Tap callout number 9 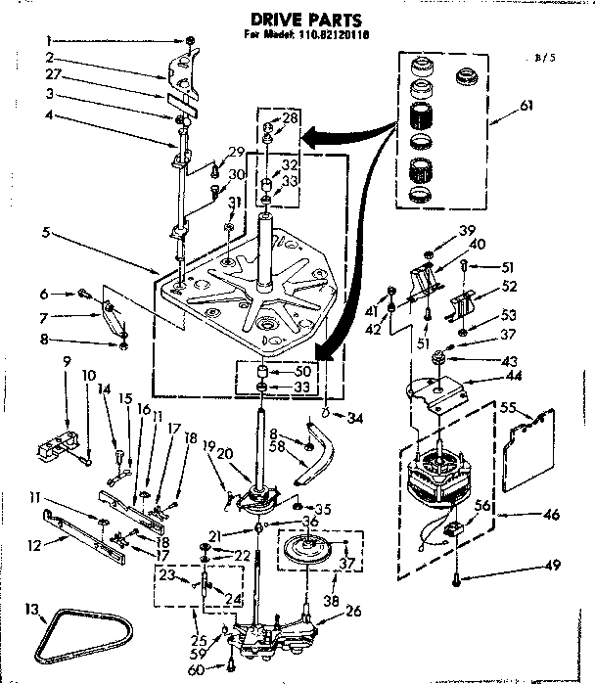[67, 362]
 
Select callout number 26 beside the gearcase [353, 612]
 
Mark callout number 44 [481, 377]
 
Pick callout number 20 [226, 453]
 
